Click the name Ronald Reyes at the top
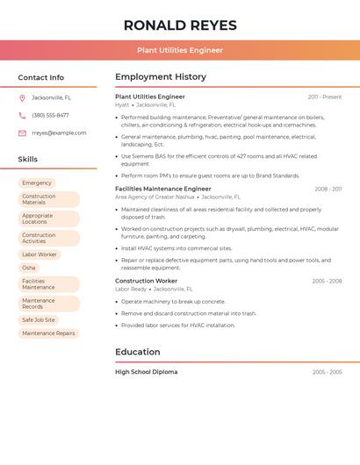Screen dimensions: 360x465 [x=180, y=25]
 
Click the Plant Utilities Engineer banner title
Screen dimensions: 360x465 [x=180, y=50]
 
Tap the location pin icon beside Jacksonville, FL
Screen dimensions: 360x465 [x=22, y=97]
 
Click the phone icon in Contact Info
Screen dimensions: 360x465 [x=22, y=115]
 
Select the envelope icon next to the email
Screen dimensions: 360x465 [x=22, y=133]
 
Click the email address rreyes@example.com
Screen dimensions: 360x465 [x=59, y=133]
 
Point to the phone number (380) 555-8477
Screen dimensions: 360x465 [x=50, y=115]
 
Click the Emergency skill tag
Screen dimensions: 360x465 [x=37, y=183]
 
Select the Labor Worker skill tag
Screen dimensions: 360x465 [x=40, y=254]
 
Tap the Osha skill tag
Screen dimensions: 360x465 [x=29, y=268]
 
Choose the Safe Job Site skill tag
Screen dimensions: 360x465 [x=39, y=320]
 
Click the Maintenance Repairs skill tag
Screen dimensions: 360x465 [x=48, y=333]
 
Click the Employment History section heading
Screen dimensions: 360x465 [x=161, y=77]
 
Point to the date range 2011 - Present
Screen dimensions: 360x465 [x=325, y=97]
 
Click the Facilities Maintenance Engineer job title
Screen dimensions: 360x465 [x=163, y=189]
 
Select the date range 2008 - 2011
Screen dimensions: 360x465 [x=328, y=189]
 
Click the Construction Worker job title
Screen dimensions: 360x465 [x=146, y=281]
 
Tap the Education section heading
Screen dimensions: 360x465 [x=138, y=352]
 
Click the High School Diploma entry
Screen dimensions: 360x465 [x=146, y=372]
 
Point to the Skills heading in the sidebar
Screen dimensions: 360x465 [x=28, y=160]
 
